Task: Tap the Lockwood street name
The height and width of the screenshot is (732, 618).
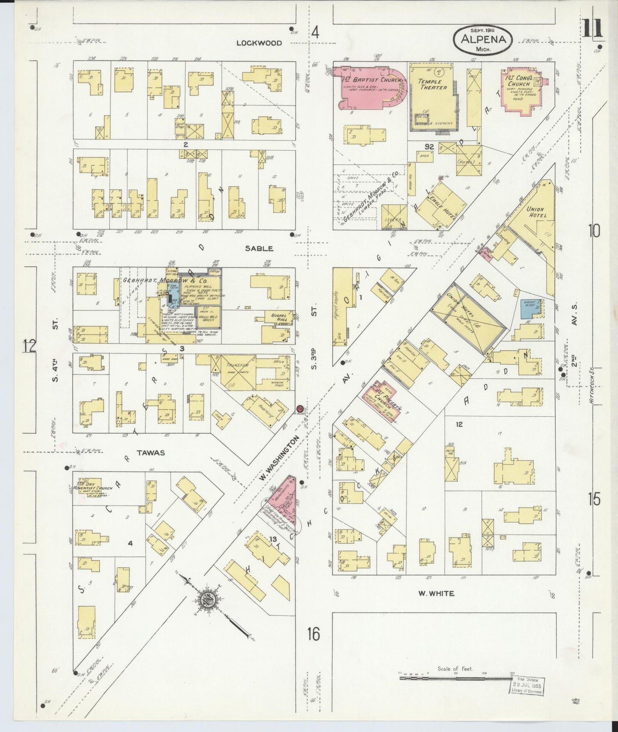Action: [x=260, y=43]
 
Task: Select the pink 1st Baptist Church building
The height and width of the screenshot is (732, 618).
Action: [x=368, y=86]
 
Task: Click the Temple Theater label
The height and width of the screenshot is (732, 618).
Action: [x=432, y=84]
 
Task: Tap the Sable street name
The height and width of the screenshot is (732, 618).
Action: [x=259, y=248]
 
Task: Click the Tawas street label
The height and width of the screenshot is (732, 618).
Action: [x=151, y=452]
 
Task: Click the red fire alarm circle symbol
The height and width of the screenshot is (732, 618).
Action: [x=300, y=408]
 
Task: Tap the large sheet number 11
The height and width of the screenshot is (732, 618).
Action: [x=592, y=29]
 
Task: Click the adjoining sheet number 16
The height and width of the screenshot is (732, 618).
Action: [x=313, y=634]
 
